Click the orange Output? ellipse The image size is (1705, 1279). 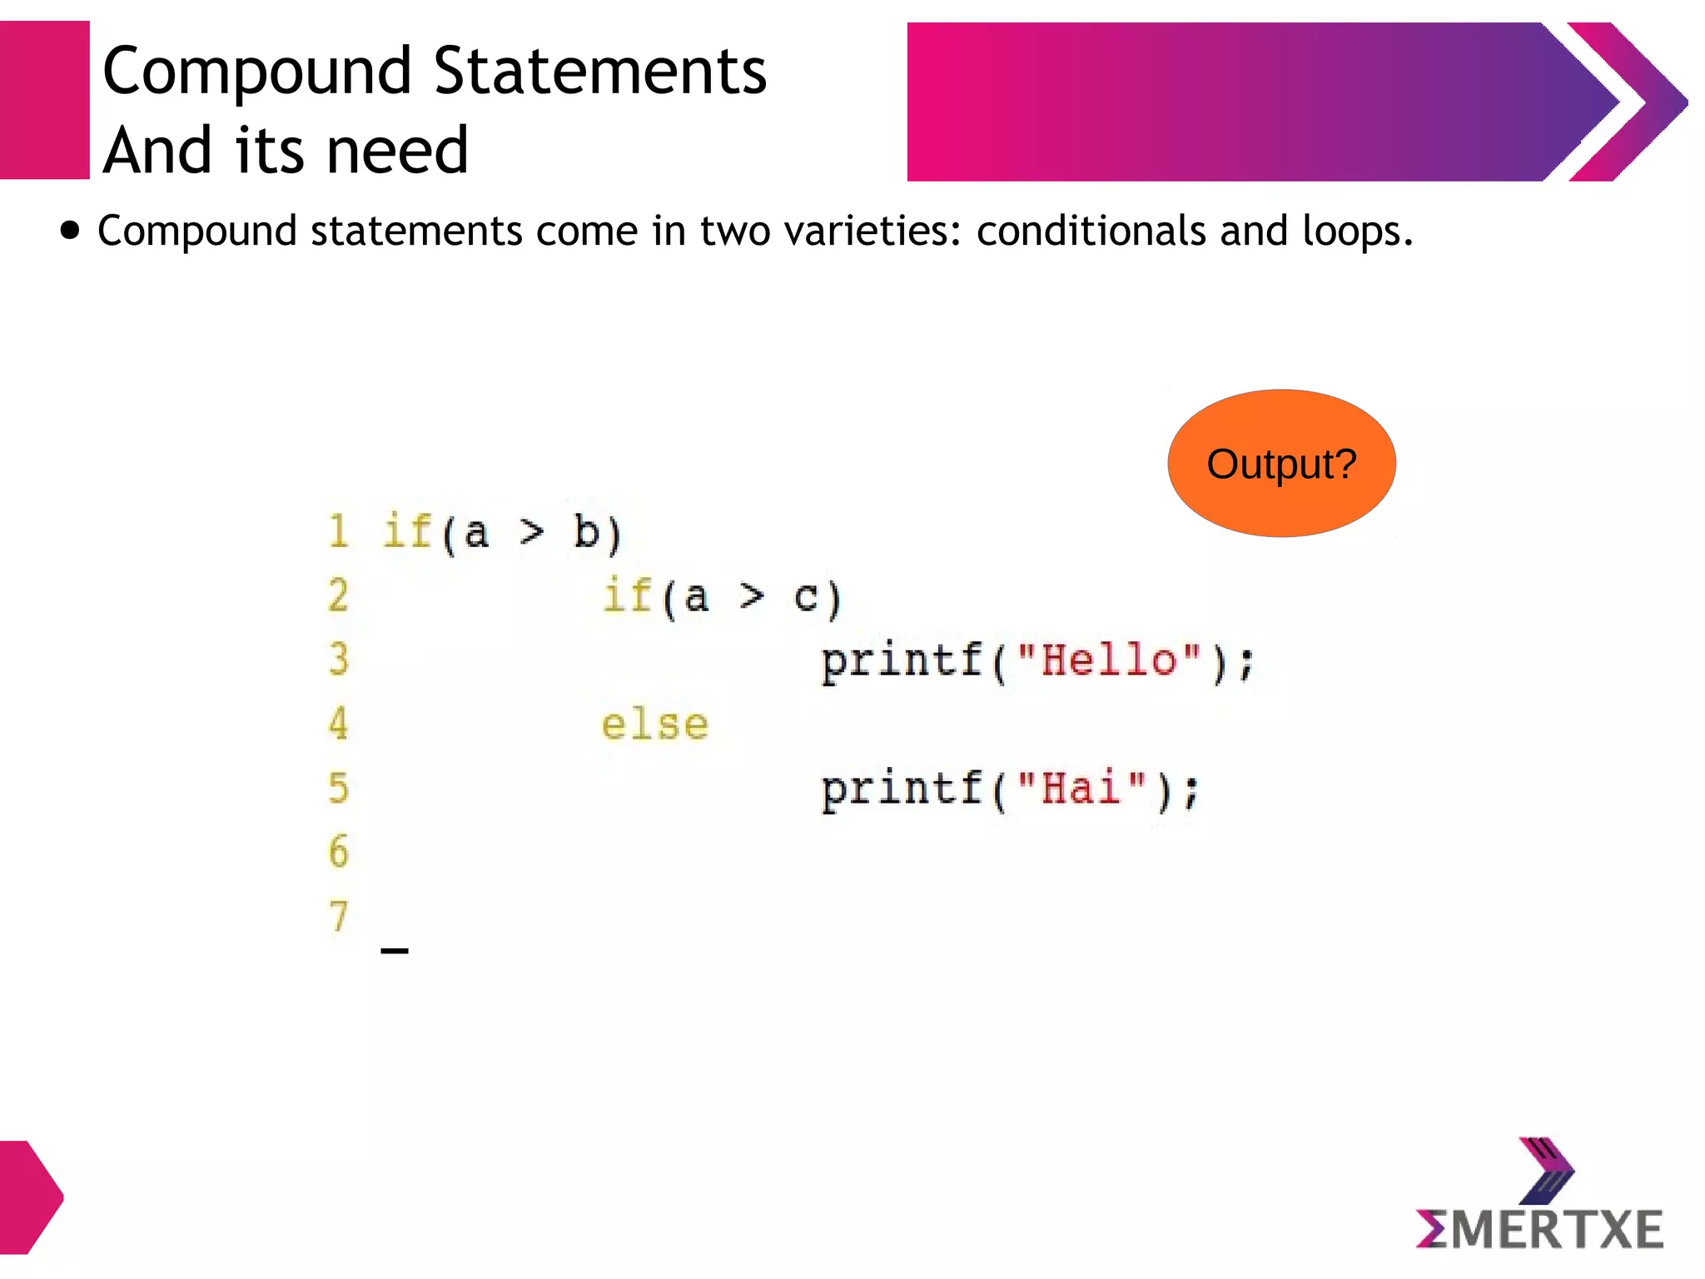1281,463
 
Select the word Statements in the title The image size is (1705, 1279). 599,72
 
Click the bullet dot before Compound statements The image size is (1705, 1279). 72,231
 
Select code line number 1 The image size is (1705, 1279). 337,531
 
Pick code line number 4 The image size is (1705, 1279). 337,723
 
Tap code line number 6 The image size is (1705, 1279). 337,851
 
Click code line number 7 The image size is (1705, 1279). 337,916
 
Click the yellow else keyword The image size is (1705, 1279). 654,724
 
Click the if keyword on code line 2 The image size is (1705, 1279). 626,596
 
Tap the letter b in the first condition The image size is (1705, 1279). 586,532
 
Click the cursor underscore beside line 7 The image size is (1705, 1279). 394,950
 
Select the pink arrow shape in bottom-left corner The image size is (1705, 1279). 29,1197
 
